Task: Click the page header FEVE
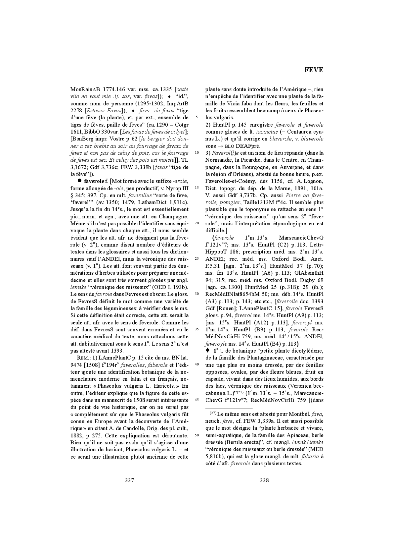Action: (x=314, y=70)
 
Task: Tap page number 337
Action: (x=129, y=480)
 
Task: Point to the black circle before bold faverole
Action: (x=79, y=181)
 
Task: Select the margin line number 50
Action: (x=197, y=435)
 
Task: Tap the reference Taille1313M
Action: (x=257, y=202)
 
